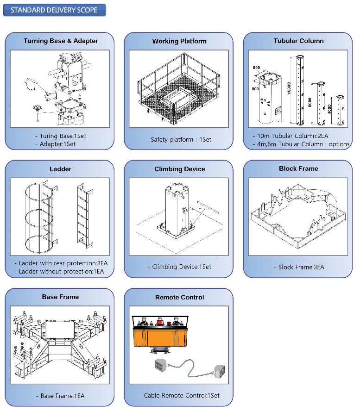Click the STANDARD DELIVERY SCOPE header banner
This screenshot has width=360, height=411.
click(x=54, y=10)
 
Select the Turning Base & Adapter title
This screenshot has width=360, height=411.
click(x=61, y=41)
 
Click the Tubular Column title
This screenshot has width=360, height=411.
click(x=298, y=41)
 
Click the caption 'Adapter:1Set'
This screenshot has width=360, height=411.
click(x=57, y=144)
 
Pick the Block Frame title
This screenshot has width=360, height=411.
click(x=298, y=168)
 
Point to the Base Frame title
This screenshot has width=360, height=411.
click(x=60, y=297)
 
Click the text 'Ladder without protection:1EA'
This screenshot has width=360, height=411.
click(x=61, y=271)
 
